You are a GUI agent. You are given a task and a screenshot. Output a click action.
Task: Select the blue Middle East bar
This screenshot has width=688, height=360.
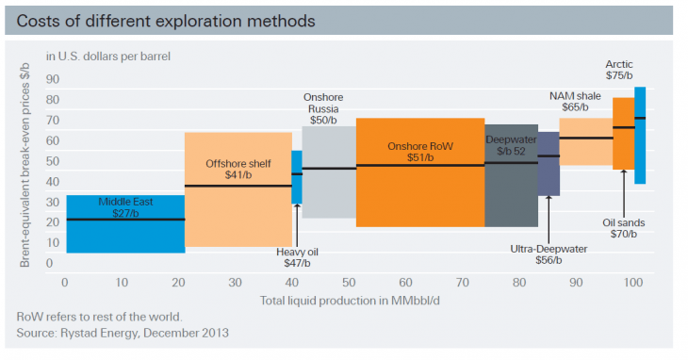point(125,236)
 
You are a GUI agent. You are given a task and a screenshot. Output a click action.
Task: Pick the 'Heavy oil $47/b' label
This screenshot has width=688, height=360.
point(298,258)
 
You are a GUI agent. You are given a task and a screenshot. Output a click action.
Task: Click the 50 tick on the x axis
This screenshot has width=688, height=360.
point(348,282)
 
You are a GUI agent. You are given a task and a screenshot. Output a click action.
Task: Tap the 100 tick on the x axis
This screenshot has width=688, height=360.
point(634,282)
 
